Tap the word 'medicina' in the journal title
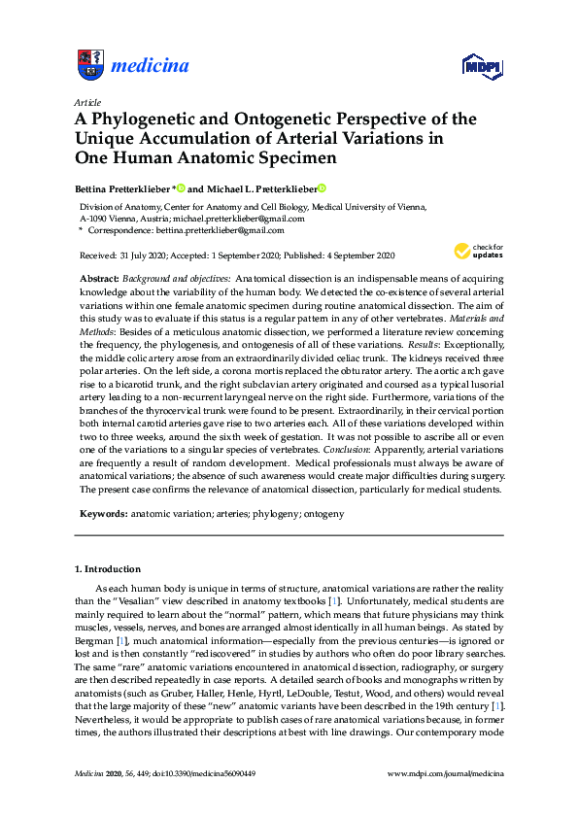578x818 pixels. pyautogui.click(x=151, y=66)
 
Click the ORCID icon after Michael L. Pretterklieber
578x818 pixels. pyautogui.click(x=322, y=188)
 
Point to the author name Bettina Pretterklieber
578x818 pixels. pyautogui.click(x=123, y=188)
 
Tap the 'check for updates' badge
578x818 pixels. pyautogui.click(x=476, y=252)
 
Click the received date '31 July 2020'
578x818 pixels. pyautogui.click(x=138, y=255)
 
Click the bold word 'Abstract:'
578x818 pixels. pyautogui.click(x=100, y=278)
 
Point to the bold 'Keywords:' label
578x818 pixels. pyautogui.click(x=103, y=512)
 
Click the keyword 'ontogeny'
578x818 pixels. pyautogui.click(x=323, y=512)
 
